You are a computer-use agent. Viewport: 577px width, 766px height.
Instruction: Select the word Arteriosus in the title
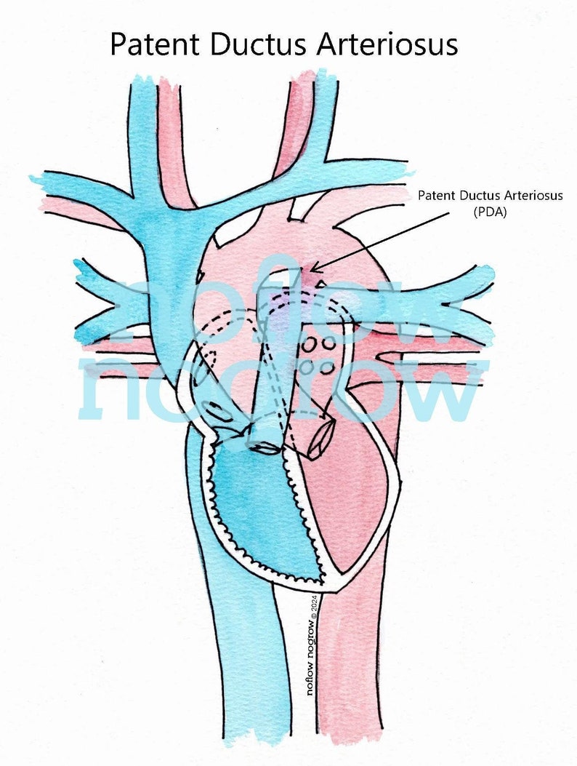point(387,44)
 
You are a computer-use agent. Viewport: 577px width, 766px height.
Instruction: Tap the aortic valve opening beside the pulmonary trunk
point(320,441)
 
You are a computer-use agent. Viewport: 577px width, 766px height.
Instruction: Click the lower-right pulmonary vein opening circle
point(328,367)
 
